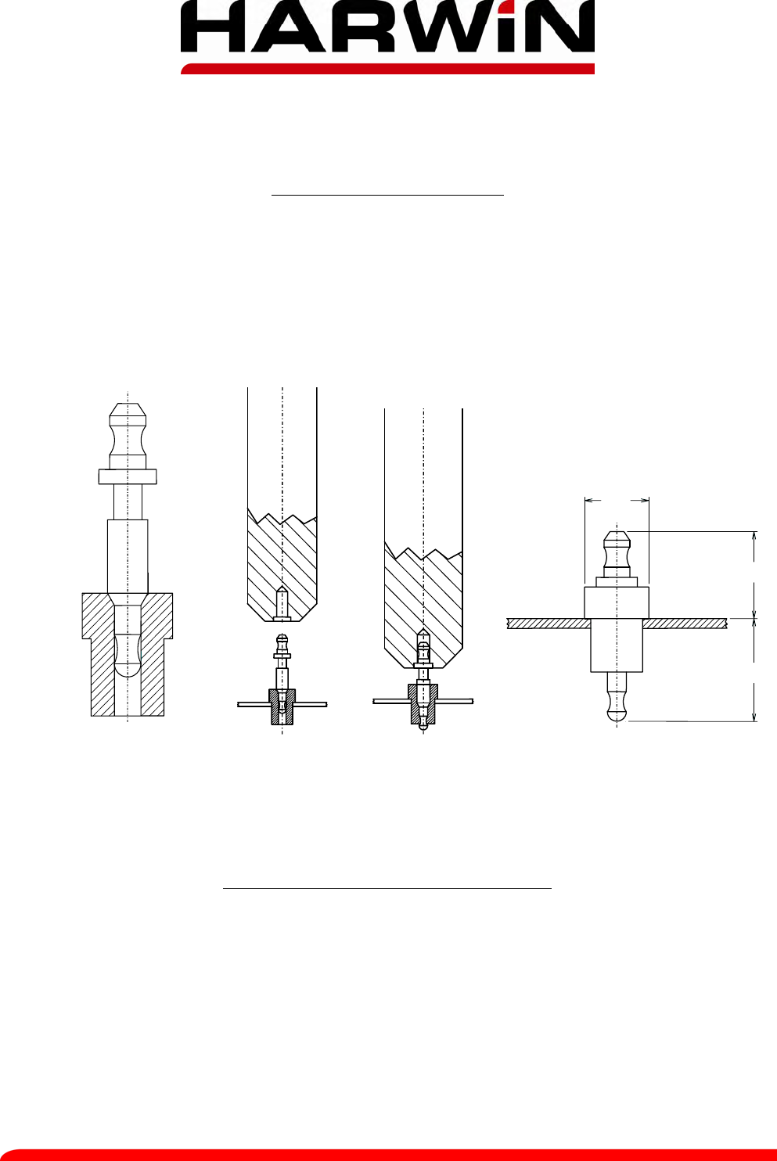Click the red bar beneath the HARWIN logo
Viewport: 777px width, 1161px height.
pos(387,68)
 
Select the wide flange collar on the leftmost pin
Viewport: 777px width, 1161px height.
pos(128,476)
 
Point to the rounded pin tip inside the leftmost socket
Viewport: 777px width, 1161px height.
pos(128,656)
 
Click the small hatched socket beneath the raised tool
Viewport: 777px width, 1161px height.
pos(282,707)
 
